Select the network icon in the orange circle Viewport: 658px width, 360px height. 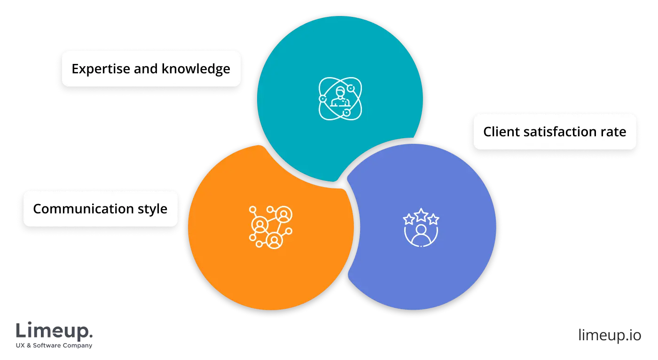click(x=270, y=227)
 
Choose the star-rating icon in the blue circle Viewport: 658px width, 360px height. click(x=421, y=227)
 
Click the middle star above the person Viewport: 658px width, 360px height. click(x=421, y=215)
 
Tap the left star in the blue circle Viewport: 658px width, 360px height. click(x=409, y=219)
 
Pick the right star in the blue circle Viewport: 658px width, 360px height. click(x=433, y=219)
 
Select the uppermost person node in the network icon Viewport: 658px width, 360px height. click(x=284, y=215)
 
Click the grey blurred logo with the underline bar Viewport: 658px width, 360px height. click(x=54, y=334)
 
